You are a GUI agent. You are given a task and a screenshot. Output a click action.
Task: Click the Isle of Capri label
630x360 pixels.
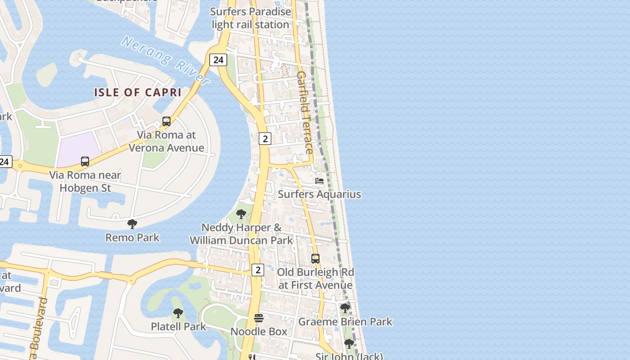pos(138,92)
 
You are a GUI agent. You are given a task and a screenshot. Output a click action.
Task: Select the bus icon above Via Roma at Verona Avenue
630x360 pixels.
pos(166,121)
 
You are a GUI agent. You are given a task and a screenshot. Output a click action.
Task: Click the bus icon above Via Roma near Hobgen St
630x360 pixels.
pos(85,162)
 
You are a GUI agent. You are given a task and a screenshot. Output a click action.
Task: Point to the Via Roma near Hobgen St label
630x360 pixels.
pos(85,181)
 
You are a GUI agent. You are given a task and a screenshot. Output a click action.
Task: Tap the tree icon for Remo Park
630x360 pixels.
pos(132,224)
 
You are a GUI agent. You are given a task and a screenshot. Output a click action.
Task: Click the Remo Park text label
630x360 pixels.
pos(132,237)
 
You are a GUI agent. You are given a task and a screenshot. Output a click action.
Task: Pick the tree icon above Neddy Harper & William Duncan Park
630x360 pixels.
pos(241,214)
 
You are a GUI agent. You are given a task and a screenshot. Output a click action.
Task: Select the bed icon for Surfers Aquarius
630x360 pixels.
pos(319,181)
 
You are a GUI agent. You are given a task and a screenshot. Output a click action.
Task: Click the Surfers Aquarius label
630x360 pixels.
pos(319,194)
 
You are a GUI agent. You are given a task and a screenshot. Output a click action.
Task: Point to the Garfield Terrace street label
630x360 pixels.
pos(305,112)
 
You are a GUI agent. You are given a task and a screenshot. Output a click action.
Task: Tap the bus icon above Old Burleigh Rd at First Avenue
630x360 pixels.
pos(315,259)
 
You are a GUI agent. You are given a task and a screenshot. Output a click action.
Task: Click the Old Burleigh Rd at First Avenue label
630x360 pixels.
pos(315,279)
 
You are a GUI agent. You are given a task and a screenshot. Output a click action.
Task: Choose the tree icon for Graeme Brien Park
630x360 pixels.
pos(345,308)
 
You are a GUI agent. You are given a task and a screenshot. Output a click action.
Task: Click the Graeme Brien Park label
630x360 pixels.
pos(345,322)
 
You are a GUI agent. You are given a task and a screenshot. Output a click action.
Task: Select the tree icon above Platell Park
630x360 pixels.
pos(178,313)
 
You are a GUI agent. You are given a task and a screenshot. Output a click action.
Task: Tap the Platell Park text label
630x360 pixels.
pos(178,326)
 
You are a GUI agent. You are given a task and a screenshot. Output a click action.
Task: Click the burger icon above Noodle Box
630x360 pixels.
pos(259,318)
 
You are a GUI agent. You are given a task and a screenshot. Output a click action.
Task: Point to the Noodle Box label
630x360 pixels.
pos(259,332)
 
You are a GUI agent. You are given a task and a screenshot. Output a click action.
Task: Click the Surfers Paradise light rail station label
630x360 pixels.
pos(251,18)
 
